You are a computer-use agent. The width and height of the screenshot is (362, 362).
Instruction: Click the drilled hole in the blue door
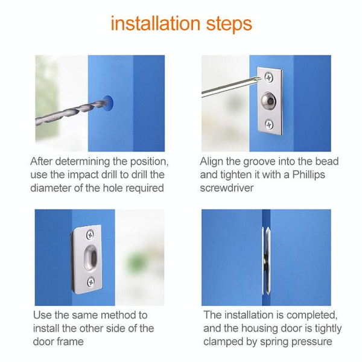click(109, 103)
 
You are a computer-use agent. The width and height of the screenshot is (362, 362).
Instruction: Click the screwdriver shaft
click(229, 88)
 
